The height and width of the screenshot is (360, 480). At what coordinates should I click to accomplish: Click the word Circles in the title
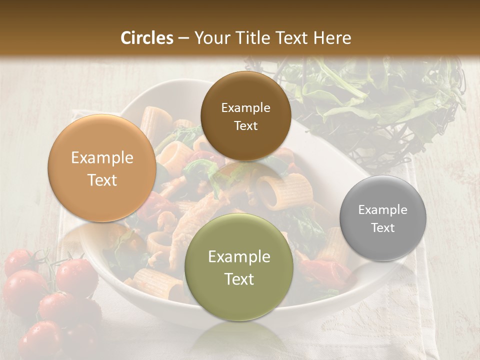146,38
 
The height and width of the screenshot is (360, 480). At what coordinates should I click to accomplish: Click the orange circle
102,168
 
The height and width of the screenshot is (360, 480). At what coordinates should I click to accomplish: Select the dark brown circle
245,116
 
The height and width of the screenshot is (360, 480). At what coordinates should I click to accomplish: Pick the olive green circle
239,267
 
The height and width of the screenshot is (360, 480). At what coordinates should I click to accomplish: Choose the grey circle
383,218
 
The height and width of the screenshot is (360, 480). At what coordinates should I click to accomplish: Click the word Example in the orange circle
102,158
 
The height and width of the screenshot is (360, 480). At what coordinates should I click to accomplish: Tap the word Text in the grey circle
383,228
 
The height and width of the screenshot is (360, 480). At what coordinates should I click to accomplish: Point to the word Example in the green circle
239,257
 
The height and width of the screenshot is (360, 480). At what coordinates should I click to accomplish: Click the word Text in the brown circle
245,126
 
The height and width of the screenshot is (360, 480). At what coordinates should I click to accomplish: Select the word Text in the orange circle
102,180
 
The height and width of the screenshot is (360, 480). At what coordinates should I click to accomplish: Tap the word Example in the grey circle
383,210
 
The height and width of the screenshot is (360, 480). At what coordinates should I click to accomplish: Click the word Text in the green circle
239,279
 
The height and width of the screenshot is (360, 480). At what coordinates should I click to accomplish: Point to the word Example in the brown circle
245,107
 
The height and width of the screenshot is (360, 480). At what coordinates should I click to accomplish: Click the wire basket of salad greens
380,100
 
